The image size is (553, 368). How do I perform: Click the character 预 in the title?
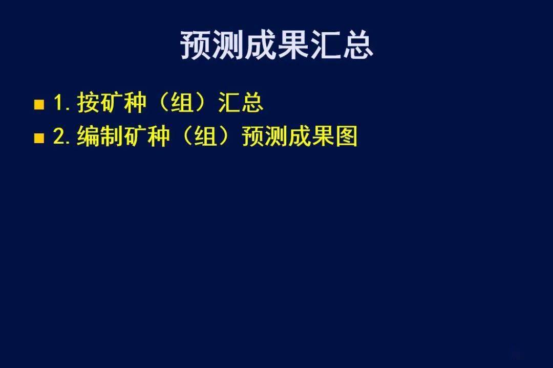pos(196,45)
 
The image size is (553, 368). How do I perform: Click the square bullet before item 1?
pos(39,105)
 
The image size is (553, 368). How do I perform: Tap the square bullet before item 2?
pos(39,138)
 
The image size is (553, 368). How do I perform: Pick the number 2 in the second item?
pos(58,136)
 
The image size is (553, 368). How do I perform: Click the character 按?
pos(88,102)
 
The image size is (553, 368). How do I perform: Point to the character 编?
pos(88,136)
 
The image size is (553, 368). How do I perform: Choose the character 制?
pos(112,136)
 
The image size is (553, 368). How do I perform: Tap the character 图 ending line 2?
pos(346,136)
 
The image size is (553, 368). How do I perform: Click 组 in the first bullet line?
pos(182,102)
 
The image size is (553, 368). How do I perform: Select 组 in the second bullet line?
pos(206,136)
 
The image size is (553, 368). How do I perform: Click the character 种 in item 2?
pos(158,136)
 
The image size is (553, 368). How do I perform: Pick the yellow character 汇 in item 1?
pos(229,102)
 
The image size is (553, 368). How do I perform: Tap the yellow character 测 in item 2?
pos(276,136)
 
